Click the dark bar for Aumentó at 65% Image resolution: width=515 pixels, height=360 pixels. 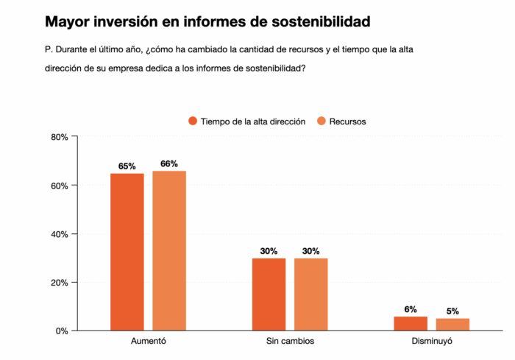[x=127, y=252]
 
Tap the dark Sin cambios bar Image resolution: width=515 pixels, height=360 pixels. [x=269, y=294]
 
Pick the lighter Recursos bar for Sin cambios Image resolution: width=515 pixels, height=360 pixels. [x=310, y=294]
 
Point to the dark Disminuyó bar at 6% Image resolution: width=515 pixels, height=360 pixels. [x=411, y=323]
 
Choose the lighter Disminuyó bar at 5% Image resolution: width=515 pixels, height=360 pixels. [x=452, y=324]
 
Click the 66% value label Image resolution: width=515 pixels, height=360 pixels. [x=169, y=164]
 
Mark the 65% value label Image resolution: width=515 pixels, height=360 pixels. [x=127, y=166]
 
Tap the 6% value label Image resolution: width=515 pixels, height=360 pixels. [x=411, y=309]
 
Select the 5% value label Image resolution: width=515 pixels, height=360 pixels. [x=452, y=311]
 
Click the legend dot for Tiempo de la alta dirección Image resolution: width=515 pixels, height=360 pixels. [x=193, y=121]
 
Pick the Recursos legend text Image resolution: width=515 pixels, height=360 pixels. [x=347, y=121]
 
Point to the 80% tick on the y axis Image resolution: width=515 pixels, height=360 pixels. [x=60, y=137]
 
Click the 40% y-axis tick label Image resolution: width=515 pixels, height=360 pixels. [x=60, y=234]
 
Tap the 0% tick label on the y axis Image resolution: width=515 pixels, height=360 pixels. [x=63, y=331]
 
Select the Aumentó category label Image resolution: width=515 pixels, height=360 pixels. [x=149, y=343]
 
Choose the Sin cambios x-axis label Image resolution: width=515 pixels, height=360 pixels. [x=290, y=343]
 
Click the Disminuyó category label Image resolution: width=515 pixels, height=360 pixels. [x=431, y=343]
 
